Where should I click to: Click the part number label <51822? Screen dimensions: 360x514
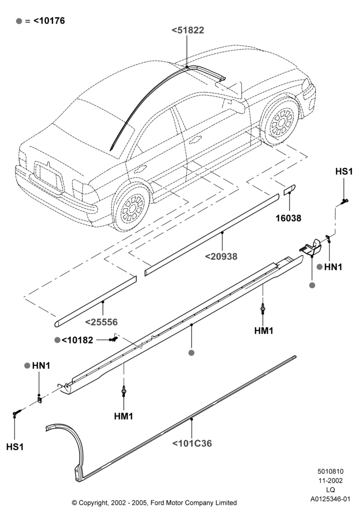point(188,30)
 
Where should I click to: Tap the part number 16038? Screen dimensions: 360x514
point(289,218)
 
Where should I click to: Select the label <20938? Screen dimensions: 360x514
point(221,256)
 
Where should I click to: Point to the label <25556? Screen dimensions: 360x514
point(101,322)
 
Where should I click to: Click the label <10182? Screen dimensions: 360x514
point(77,340)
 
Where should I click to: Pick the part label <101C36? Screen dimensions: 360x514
point(192,444)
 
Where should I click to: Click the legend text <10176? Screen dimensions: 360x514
point(49,21)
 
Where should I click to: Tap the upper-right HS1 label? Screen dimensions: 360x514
point(344,172)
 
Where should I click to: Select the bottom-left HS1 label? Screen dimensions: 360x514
point(15,447)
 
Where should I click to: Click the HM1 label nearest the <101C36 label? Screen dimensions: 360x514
point(123,416)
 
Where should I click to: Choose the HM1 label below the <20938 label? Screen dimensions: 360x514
point(264,331)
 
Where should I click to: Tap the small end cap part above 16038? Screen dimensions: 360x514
point(290,189)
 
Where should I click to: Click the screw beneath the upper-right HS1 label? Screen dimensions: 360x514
point(344,201)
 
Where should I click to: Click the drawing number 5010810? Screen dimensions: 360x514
point(331,471)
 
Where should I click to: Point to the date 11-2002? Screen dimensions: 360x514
point(331,481)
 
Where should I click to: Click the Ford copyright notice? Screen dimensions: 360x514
point(154,503)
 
